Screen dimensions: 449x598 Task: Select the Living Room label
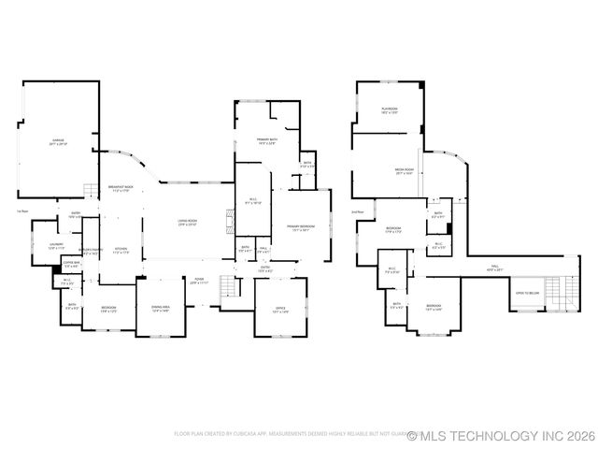click(187, 223)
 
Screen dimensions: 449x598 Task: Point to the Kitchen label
click(120, 251)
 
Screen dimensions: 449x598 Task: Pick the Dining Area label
click(160, 309)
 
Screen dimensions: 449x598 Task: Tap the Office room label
click(279, 311)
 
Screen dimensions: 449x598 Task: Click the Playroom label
click(389, 111)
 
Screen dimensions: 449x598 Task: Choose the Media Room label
click(404, 172)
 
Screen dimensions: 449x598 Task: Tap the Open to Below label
click(528, 294)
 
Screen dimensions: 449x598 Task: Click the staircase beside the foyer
click(228, 288)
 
